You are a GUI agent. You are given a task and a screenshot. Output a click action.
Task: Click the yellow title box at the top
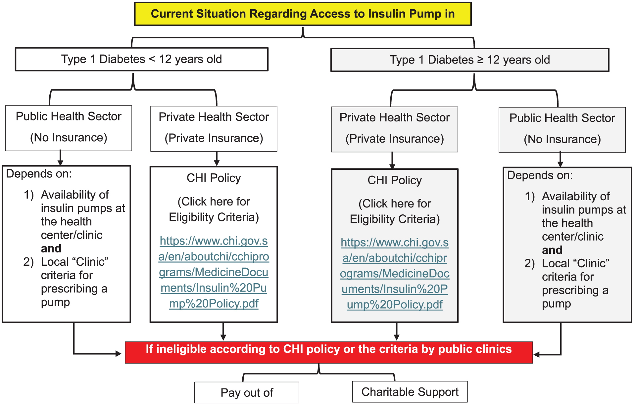303,14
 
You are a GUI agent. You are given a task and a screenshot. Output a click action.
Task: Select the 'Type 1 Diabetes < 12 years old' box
142,59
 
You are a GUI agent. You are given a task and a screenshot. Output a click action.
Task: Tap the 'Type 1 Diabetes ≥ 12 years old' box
470,60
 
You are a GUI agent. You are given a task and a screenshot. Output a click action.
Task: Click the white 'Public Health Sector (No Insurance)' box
69,128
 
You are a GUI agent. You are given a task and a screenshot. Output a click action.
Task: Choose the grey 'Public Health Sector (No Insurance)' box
562,130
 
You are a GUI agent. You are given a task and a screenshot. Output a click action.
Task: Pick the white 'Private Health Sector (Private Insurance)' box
214,129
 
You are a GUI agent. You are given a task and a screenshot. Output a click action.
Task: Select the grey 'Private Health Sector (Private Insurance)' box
395,129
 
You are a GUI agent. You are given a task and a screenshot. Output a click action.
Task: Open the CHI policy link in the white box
214,272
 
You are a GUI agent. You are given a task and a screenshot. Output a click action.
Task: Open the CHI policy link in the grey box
395,273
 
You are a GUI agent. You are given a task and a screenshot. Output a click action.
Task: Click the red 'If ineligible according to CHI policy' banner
329,352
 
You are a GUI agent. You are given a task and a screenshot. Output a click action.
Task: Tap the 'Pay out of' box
247,393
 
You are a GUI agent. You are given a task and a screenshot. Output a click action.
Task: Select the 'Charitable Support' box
410,392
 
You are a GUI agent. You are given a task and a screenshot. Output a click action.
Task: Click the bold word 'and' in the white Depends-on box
51,248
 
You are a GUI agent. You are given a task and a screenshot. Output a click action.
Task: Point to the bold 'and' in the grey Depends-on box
552,250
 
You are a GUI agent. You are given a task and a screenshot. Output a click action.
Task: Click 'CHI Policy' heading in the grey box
395,180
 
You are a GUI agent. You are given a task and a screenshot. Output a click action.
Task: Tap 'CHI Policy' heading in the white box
214,178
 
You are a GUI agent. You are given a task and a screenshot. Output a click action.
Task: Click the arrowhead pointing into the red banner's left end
119,354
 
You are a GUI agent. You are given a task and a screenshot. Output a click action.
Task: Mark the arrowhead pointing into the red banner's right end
537,355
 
